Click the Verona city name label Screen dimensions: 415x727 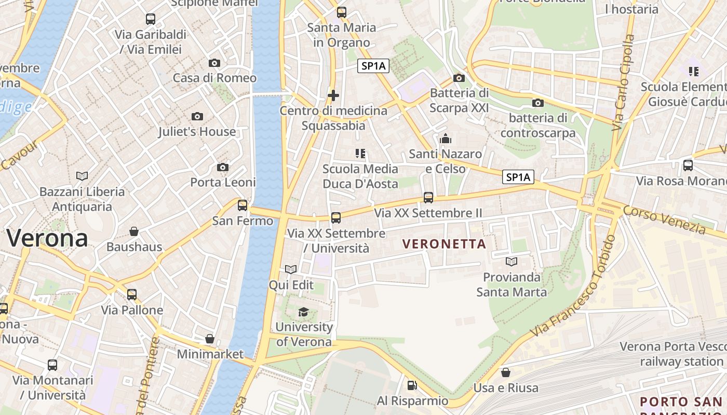pos(47,238)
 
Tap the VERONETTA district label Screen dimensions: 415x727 pos(444,244)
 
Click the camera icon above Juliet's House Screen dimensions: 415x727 pos(197,116)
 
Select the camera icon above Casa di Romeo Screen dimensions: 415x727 pos(214,63)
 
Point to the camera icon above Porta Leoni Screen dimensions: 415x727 pos(223,167)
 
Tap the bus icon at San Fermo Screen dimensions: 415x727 pos(243,205)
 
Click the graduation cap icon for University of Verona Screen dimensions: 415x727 pos(303,312)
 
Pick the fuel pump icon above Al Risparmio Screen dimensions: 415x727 pos(412,385)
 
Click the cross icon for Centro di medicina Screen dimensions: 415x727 pos(333,95)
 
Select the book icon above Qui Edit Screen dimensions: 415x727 pos(291,269)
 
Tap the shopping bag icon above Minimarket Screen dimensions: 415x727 pos(210,339)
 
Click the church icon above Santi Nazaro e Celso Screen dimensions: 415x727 pos(446,139)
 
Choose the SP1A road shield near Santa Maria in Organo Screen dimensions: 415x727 pos(373,66)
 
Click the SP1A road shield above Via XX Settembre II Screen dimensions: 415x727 pos(518,177)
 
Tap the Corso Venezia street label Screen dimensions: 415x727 pos(664,219)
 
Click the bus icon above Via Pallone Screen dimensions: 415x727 pos(132,294)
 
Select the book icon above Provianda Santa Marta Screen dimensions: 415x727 pos(511,261)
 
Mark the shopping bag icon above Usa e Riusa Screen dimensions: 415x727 pos(506,372)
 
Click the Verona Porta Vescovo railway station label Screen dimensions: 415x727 pos(673,353)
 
